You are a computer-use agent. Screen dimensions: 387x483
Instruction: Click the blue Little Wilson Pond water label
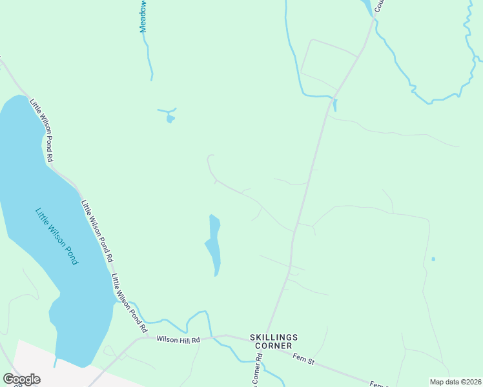click(57, 236)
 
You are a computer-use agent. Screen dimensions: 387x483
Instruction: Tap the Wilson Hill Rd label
click(178, 339)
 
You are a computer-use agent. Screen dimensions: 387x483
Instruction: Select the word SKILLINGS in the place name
click(274, 337)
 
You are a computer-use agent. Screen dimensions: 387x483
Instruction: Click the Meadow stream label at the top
click(143, 17)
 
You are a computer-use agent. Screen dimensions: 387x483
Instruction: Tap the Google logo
click(21, 379)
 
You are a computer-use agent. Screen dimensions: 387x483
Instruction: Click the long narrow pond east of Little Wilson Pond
click(214, 245)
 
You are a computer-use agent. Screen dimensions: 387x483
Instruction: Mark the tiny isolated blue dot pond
click(433, 259)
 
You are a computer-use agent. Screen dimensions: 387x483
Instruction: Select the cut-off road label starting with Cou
click(378, 6)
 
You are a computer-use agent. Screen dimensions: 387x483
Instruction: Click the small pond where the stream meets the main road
click(334, 105)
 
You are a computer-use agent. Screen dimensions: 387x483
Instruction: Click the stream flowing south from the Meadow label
click(149, 58)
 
